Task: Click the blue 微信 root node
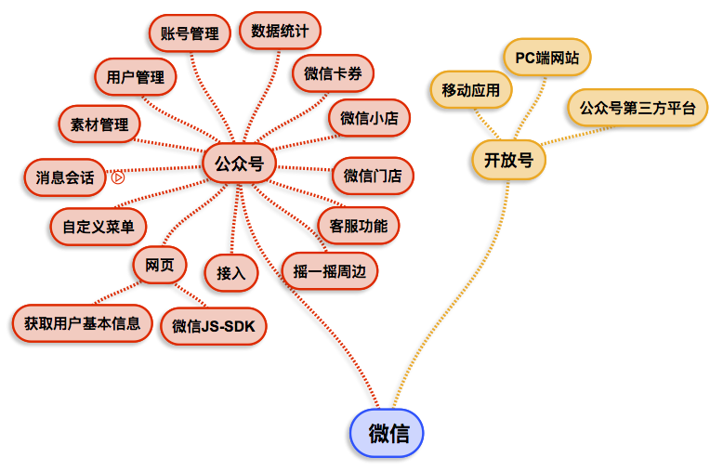[387, 433]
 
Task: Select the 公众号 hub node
[239, 164]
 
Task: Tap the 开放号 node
[508, 160]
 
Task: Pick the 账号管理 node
[190, 33]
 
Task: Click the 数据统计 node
[280, 30]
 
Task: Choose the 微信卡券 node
[333, 74]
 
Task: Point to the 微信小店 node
[369, 118]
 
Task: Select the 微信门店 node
[373, 175]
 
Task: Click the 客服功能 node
[358, 225]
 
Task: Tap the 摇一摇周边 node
[330, 271]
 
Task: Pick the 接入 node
[230, 273]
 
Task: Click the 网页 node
[160, 264]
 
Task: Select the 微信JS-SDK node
[214, 326]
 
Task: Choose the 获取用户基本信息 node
[83, 323]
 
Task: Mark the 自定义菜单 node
[98, 226]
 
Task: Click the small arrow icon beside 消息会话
[118, 177]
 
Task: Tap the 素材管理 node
[99, 124]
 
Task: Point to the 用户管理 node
[135, 77]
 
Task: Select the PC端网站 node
[546, 58]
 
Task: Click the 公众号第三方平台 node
[637, 108]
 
